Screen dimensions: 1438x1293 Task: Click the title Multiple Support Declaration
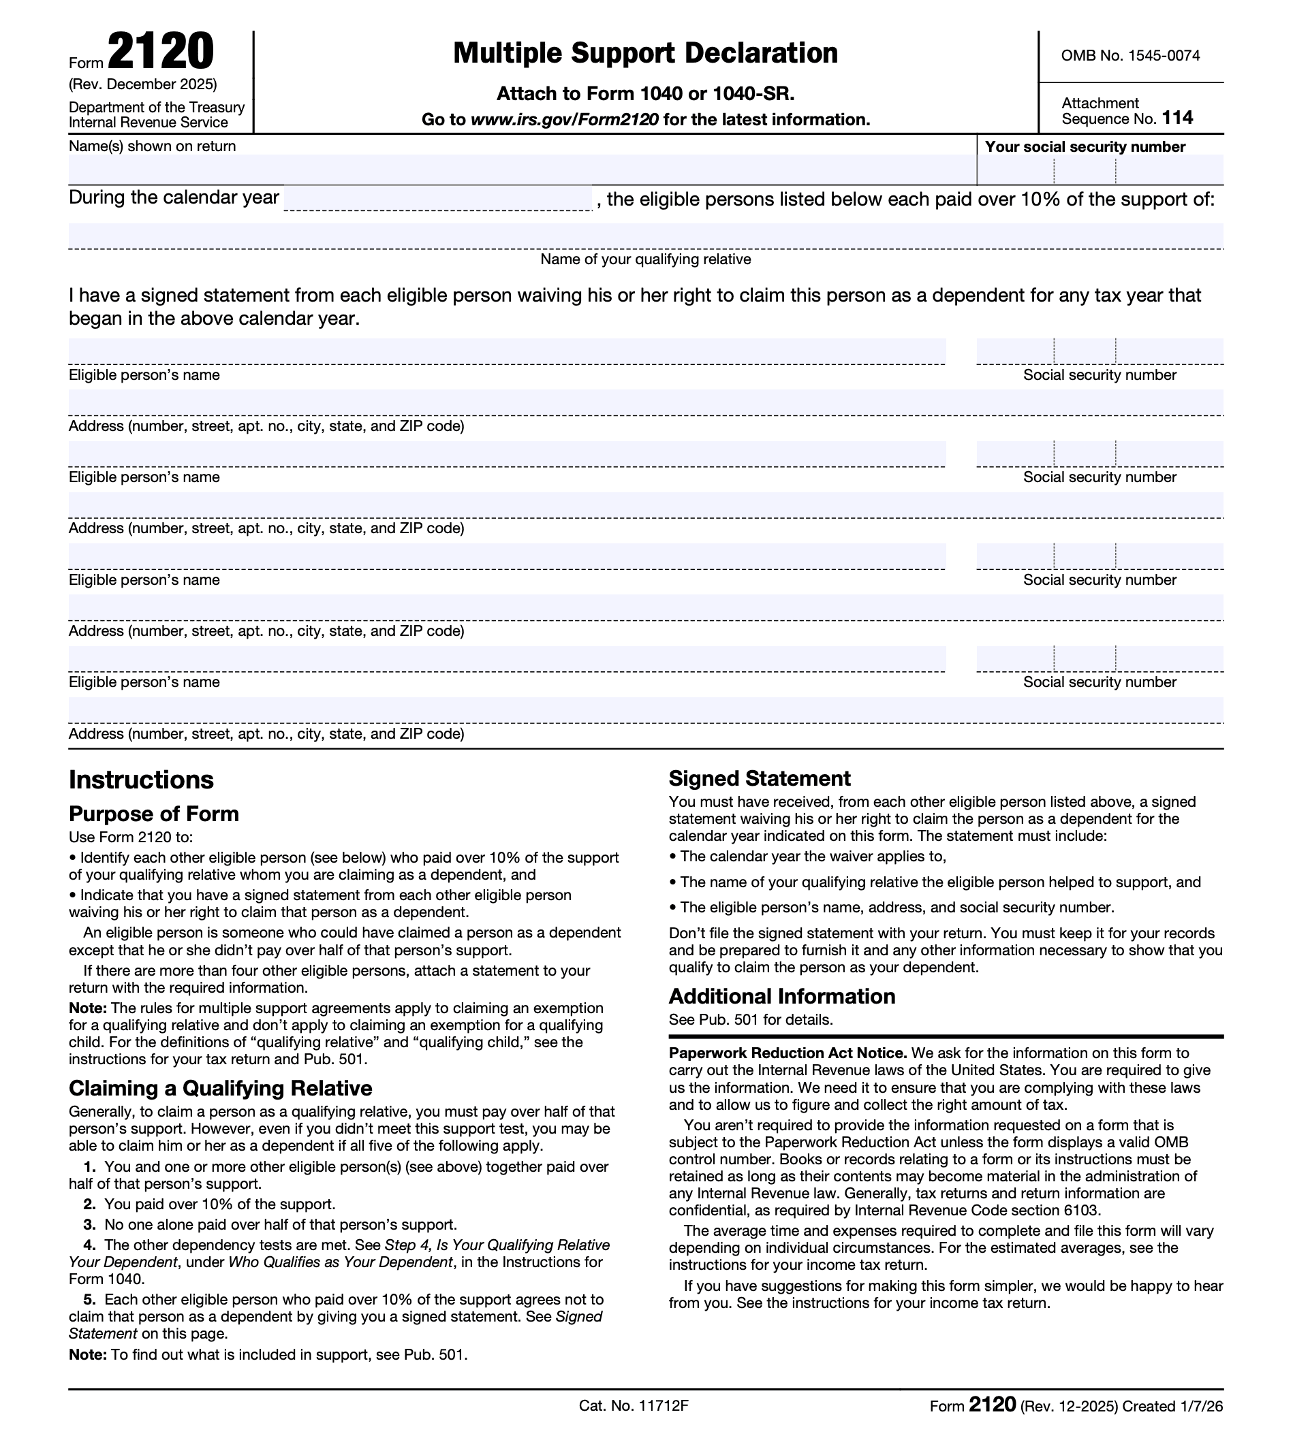(x=645, y=53)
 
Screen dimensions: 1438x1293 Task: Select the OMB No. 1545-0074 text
(x=1130, y=55)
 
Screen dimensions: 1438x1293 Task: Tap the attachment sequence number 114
(x=1177, y=118)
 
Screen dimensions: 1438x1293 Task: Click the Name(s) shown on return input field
(x=522, y=170)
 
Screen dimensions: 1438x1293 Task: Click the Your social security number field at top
(x=1100, y=170)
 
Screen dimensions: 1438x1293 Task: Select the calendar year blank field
(x=437, y=198)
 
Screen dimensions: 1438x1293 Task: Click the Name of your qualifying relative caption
(x=645, y=259)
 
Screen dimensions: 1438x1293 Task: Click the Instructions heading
(x=140, y=780)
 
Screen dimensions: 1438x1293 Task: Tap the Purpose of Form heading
(x=153, y=814)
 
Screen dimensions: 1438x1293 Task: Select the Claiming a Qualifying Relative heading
(x=220, y=1089)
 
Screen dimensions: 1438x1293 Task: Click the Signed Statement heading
(x=760, y=779)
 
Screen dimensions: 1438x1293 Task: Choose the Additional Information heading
(x=781, y=996)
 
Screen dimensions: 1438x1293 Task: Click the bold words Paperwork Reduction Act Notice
(x=787, y=1053)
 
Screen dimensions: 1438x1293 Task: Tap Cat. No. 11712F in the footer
(x=634, y=1406)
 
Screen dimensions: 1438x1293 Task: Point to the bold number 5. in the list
(x=89, y=1300)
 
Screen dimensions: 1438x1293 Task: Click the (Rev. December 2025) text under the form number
(x=143, y=84)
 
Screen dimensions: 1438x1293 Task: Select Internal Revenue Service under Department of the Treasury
(x=148, y=123)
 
